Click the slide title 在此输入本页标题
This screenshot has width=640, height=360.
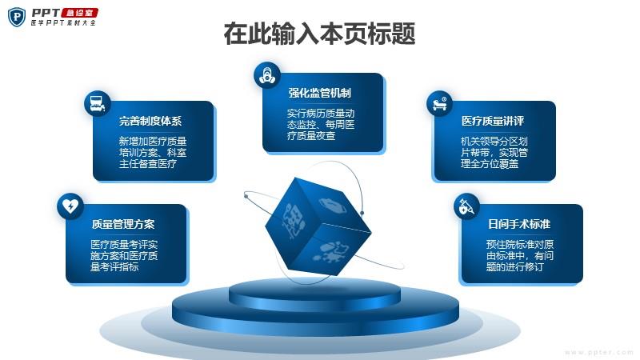[319, 34]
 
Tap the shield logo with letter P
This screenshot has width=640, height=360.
[17, 17]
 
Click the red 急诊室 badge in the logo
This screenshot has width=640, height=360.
[79, 13]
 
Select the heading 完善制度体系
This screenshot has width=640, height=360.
[150, 121]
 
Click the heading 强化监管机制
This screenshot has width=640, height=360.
[319, 93]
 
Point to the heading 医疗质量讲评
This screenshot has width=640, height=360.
[493, 121]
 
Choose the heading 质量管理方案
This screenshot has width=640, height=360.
[123, 224]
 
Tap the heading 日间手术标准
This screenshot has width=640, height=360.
[519, 224]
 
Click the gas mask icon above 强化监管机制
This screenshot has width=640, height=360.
[267, 75]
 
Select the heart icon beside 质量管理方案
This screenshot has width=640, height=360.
[70, 206]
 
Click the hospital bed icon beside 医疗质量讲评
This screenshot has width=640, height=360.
[439, 103]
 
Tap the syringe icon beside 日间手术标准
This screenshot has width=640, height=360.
[466, 206]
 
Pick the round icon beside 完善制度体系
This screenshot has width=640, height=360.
[97, 103]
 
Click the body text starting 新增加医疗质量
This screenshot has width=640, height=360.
[153, 153]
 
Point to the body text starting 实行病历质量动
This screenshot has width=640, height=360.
[321, 125]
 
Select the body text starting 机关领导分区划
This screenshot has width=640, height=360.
[494, 153]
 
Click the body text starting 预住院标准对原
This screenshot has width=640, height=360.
[519, 255]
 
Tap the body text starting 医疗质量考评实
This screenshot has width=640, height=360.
[124, 255]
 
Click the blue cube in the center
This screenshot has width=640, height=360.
[318, 226]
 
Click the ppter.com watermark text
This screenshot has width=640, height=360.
[598, 352]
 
